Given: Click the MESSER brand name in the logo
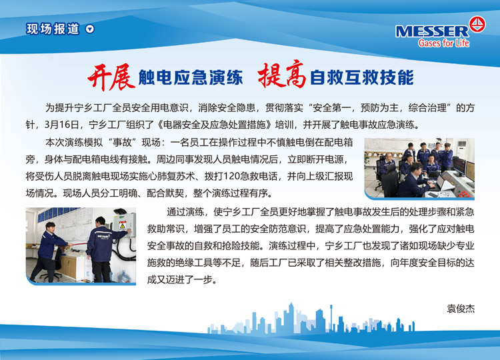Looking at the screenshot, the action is point(432,31).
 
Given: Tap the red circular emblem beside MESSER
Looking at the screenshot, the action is point(477,24).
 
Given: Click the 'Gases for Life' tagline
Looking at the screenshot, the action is point(443,43).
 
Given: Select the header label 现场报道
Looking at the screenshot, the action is point(53,29).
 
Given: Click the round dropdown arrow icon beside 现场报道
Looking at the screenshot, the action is point(90,29).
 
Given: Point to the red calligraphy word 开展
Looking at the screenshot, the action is point(111,77).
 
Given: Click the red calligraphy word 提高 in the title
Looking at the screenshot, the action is point(282,74).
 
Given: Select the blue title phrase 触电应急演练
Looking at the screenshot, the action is point(191,77).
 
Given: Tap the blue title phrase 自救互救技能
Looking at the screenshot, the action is point(361,77).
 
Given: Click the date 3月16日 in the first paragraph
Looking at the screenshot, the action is point(61,125).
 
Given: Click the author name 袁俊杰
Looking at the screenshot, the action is point(461,309).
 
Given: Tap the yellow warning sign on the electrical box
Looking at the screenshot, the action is point(122,226).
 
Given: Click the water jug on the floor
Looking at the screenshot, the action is point(124,277).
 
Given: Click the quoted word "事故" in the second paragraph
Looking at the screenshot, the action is point(122,142).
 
